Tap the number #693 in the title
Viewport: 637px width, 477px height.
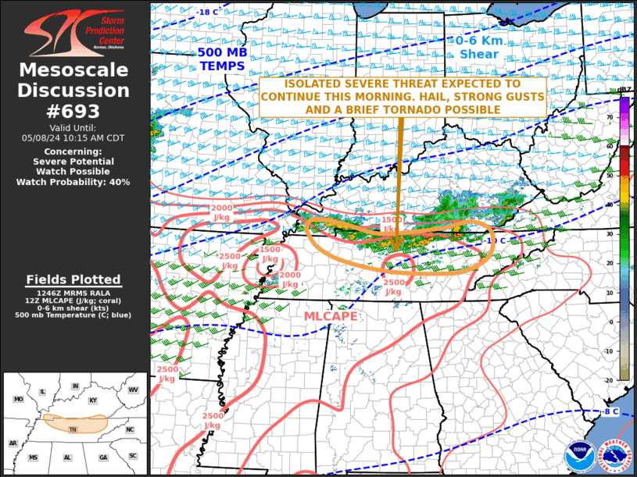[73, 110]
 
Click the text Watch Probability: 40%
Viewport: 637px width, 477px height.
[73, 182]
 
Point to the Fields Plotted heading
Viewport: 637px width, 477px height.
[73, 279]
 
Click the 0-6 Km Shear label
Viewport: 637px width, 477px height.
[479, 48]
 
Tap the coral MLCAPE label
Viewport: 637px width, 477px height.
[331, 316]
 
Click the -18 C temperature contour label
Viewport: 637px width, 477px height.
[208, 12]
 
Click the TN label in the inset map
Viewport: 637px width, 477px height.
[73, 429]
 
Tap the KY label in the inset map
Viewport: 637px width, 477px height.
[93, 400]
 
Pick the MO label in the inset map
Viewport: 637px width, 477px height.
[18, 399]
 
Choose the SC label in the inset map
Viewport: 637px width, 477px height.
[133, 455]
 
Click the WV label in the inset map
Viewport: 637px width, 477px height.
[133, 389]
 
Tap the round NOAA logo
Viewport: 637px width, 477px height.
[580, 456]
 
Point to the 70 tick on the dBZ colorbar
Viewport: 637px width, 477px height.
[610, 116]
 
